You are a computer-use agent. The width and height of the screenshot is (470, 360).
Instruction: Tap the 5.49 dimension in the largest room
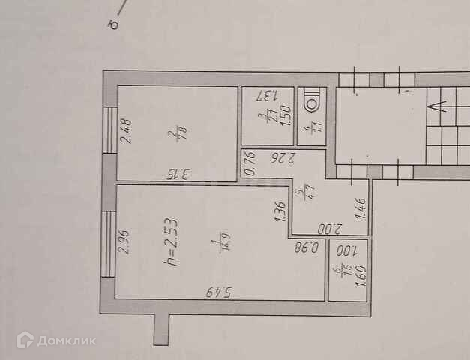[219, 291]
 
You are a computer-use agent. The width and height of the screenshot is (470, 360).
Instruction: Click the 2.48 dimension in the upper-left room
[126, 131]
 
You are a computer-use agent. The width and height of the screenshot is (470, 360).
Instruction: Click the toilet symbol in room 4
[310, 101]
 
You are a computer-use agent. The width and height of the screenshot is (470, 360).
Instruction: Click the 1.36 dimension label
[280, 212]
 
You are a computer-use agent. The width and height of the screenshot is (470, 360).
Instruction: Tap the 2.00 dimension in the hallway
[328, 229]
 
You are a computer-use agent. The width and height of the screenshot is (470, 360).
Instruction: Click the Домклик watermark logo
[57, 341]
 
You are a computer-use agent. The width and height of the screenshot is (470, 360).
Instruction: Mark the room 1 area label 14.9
[217, 246]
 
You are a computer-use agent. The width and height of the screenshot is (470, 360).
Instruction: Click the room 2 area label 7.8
[177, 135]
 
